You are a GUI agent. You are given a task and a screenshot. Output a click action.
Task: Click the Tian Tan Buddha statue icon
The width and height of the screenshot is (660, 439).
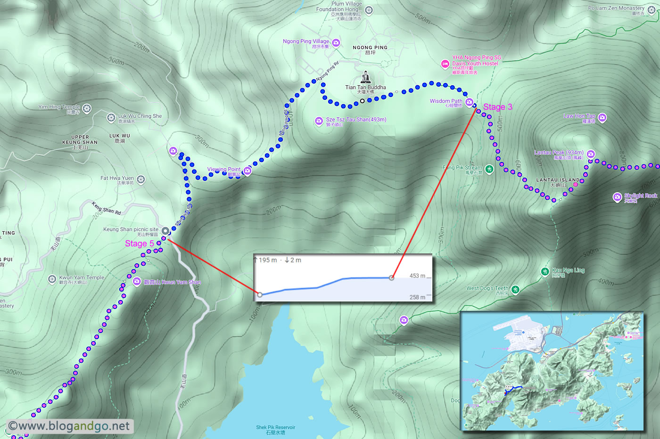pos(365,77)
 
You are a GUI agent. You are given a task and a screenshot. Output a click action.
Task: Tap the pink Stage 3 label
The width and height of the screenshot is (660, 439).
pos(497,107)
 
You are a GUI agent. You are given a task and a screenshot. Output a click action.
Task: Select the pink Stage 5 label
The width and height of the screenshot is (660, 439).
pos(140,244)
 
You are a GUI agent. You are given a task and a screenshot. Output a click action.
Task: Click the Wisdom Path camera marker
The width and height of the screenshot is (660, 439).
pos(469,102)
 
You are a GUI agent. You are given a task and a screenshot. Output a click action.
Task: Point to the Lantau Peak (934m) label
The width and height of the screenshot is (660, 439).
pos(559,153)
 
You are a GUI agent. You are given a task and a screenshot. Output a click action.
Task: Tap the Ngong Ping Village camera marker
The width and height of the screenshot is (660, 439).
pos(336,43)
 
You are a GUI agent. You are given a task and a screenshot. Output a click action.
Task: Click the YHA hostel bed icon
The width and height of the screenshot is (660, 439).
pos(445,64)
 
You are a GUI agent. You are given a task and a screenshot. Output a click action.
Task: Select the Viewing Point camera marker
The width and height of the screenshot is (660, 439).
pos(247,171)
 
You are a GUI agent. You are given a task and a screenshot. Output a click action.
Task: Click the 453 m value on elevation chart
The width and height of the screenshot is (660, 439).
pos(417,276)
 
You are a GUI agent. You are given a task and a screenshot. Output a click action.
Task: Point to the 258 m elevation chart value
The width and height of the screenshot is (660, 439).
pos(417,297)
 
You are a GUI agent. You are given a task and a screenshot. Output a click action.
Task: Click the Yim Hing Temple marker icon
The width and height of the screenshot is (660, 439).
pos(87,109)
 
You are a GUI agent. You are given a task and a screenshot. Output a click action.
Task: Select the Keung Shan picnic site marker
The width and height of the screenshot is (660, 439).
pos(165,231)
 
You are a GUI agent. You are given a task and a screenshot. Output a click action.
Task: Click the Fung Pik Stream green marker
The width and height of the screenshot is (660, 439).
pos(489,169)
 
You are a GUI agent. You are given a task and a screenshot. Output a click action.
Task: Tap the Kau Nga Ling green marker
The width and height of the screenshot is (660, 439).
pos(545,271)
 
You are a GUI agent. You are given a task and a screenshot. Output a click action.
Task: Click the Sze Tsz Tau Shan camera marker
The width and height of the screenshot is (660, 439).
pos(319,121)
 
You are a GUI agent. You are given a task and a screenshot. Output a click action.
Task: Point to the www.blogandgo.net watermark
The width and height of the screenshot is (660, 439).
pos(69,426)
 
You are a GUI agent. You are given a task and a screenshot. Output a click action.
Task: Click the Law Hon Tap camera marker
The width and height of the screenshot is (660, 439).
pos(602,117)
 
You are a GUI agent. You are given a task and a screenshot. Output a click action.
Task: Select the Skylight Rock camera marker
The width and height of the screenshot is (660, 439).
pos(617,197)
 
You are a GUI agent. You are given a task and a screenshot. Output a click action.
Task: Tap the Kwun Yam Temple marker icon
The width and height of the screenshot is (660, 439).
pos(52,279)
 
